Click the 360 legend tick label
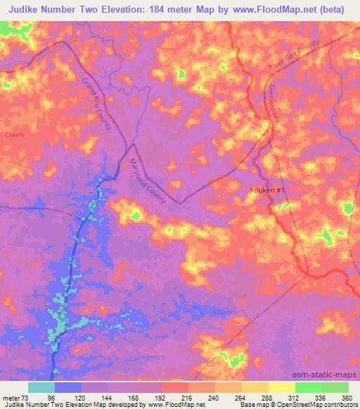click(x=347, y=398)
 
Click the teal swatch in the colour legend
click(x=41, y=387)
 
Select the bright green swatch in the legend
click(x=308, y=387)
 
